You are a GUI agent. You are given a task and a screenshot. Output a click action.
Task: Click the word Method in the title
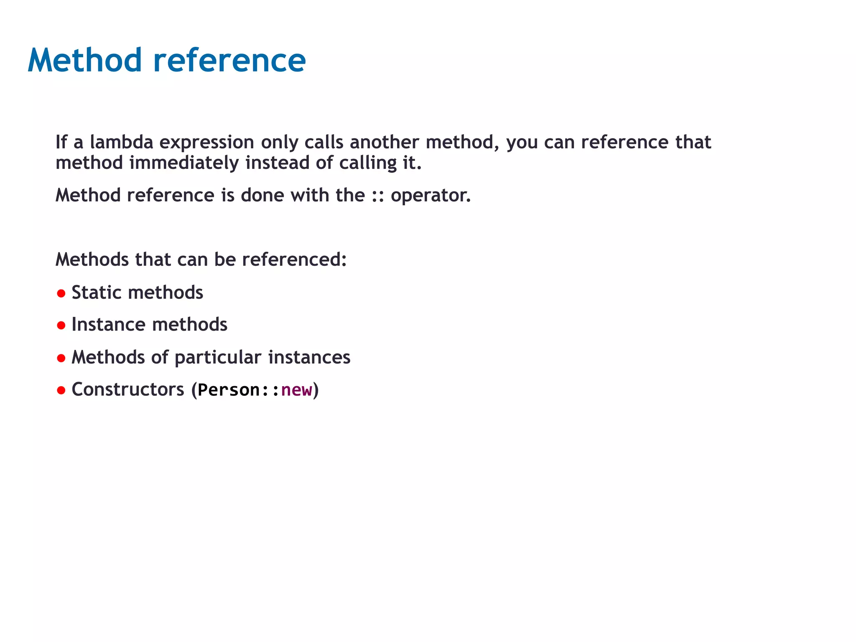(85, 61)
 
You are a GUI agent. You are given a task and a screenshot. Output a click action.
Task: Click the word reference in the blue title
(229, 61)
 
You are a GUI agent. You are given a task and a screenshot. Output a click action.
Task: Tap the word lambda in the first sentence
(122, 142)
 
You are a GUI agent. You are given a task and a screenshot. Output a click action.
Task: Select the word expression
(206, 143)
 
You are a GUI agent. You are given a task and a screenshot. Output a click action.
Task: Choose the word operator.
(430, 196)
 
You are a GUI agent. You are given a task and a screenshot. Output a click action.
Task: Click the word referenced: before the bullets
(294, 260)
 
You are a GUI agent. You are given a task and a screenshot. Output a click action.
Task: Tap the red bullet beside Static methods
(61, 293)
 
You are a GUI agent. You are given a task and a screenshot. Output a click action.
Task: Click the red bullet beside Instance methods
(61, 326)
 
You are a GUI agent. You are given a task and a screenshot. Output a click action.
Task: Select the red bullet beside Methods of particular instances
(61, 358)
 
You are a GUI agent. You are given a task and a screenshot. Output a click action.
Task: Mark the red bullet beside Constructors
(61, 390)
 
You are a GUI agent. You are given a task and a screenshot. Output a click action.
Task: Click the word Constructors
(128, 390)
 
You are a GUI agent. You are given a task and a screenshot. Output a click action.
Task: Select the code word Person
(229, 390)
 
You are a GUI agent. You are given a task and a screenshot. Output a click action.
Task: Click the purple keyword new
(296, 390)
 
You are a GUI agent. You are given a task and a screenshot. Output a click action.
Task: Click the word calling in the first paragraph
(367, 163)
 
